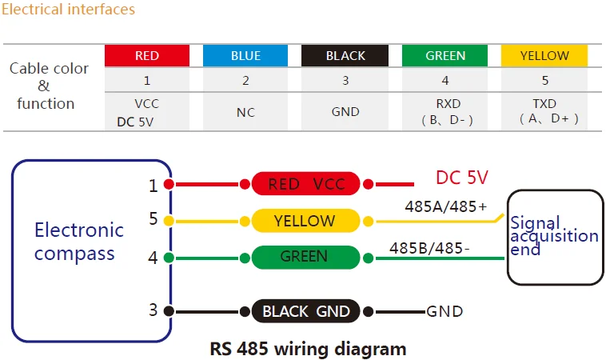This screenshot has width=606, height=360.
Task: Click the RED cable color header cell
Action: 147,55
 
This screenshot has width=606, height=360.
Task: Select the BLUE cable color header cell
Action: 245,55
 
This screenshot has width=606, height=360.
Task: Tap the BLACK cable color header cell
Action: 345,55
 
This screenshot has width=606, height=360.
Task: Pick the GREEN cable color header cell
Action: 445,55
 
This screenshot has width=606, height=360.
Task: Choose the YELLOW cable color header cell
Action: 544,55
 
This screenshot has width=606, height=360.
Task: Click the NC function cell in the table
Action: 245,112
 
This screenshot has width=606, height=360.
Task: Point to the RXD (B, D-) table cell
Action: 445,111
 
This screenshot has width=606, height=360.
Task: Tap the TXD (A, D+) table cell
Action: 544,111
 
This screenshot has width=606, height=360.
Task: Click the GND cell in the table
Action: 345,112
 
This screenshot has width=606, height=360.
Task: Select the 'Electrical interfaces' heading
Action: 69,10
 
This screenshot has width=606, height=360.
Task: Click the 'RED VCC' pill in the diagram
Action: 306,185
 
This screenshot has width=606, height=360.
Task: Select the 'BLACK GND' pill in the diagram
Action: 306,311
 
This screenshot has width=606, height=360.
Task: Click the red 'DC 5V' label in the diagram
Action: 461,178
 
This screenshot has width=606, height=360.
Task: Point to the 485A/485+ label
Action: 437,206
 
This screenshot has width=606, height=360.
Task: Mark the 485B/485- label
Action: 429,248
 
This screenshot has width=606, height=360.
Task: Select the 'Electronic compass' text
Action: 78,242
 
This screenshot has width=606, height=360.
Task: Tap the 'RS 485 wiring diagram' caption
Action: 308,349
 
